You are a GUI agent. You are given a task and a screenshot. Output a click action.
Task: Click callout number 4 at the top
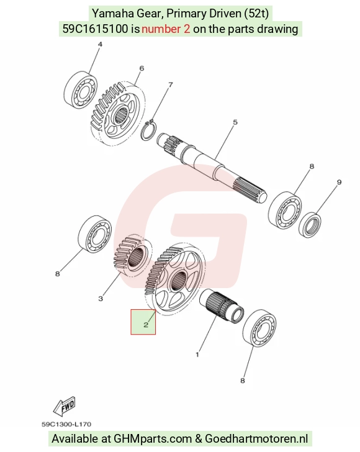(x=100, y=45)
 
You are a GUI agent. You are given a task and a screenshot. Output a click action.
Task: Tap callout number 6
(x=142, y=68)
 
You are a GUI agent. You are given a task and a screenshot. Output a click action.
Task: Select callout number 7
(x=171, y=84)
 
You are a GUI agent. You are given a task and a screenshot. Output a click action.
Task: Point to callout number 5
(x=235, y=122)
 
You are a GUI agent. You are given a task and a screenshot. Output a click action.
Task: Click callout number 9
(x=340, y=182)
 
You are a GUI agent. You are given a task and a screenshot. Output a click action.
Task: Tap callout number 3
(x=101, y=299)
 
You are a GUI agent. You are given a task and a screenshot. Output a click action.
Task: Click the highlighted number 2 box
(x=143, y=322)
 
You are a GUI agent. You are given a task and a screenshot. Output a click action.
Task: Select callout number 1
(x=197, y=355)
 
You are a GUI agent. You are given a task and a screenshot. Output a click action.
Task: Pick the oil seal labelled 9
(x=310, y=225)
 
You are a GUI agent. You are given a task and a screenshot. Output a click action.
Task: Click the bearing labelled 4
(x=80, y=89)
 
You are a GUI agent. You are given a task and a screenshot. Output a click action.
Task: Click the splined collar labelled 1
(x=222, y=306)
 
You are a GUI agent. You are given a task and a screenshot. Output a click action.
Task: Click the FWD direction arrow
(x=65, y=406)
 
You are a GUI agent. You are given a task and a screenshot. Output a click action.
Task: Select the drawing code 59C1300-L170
(x=66, y=424)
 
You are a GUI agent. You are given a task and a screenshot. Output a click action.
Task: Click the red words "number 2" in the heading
(x=166, y=29)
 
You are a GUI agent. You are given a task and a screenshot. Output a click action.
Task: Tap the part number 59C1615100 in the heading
(x=96, y=29)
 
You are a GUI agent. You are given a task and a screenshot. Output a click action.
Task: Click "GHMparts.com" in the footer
(x=153, y=439)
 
